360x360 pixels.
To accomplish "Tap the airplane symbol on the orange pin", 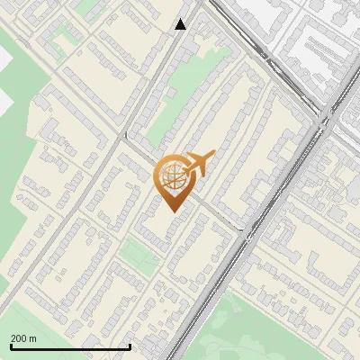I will (198, 165).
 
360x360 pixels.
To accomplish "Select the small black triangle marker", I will (181, 24).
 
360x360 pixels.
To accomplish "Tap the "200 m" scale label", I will (24, 338).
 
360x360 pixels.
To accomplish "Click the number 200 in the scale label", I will (20, 338).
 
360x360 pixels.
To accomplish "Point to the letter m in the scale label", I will (33, 338).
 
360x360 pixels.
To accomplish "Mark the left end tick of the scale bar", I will (11, 346).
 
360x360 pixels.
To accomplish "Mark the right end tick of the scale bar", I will (130, 346).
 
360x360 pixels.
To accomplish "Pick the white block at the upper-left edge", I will (4, 58).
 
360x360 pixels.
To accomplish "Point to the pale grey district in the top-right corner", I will (315, 36).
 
